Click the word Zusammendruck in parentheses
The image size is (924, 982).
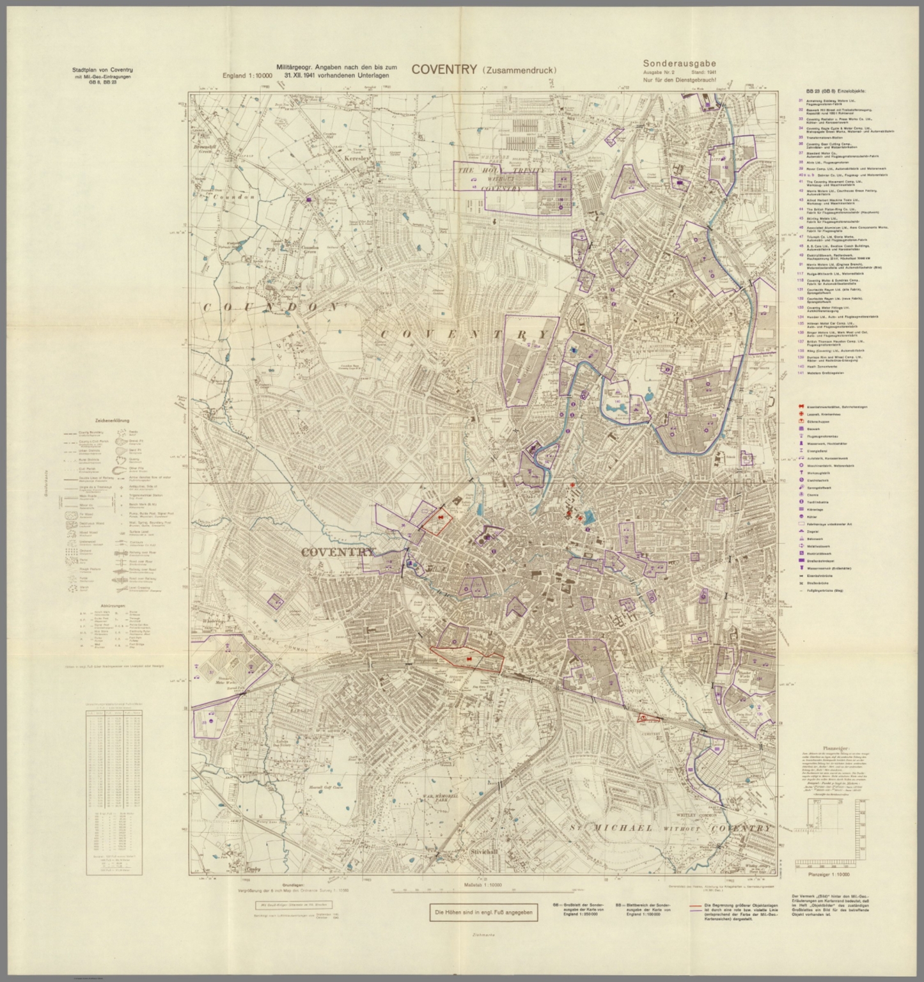pos(519,70)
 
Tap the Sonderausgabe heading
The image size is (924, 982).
pos(679,63)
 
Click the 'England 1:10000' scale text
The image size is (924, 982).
pos(247,75)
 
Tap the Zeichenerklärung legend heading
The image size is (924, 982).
pos(112,421)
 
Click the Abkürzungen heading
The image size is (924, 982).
pos(113,605)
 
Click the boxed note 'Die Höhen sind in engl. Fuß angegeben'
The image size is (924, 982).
pos(483,912)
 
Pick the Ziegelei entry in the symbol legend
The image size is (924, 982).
pos(812,531)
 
